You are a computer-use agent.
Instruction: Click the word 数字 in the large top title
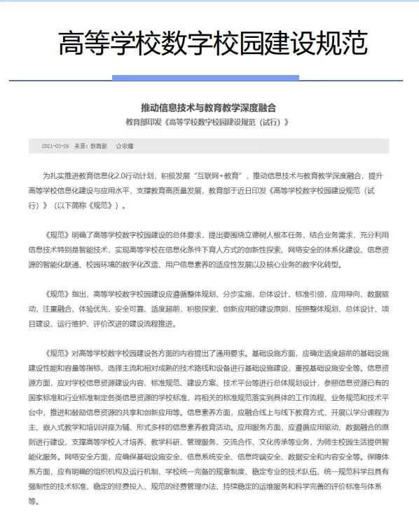[211, 44]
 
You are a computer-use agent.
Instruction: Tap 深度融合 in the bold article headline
[258, 108]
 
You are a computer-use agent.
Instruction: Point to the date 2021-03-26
[55, 146]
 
